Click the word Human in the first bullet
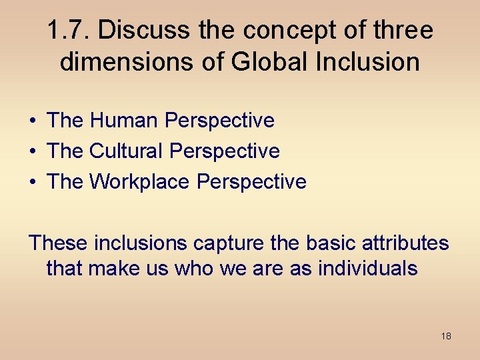[124, 121]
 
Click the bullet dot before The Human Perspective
[32, 121]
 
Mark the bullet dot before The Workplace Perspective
[32, 182]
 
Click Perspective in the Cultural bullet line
[225, 151]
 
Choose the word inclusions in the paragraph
[141, 243]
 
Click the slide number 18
[446, 336]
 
